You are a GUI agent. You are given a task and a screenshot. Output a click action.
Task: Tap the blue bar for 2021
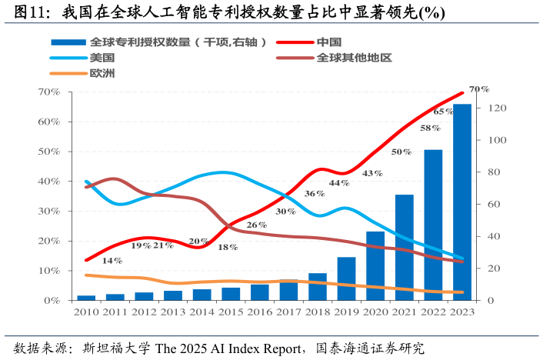pyautogui.click(x=404, y=247)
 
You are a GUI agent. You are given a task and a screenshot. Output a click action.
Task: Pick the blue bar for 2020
pyautogui.click(x=375, y=265)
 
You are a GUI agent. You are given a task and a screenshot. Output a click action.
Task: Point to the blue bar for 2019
pyautogui.click(x=346, y=278)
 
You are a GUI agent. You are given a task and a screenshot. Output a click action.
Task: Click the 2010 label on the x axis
pyautogui.click(x=86, y=312)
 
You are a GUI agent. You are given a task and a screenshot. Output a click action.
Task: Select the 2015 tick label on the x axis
pyautogui.click(x=231, y=312)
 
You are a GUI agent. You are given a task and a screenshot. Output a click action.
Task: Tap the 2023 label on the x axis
pyautogui.click(x=461, y=312)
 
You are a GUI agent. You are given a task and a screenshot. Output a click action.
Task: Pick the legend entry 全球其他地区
pyautogui.click(x=354, y=58)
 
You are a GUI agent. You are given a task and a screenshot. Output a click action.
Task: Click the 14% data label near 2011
pyautogui.click(x=112, y=261)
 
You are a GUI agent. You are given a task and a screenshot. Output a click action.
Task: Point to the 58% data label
pyautogui.click(x=429, y=128)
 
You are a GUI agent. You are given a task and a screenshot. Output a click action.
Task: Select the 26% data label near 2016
pyautogui.click(x=256, y=225)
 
